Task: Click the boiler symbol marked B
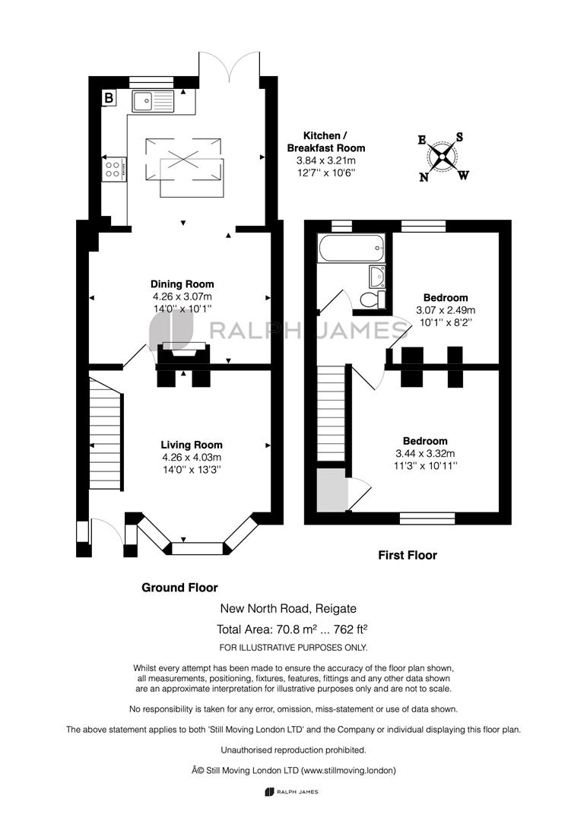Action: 109,97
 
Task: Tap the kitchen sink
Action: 152,100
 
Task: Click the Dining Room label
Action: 182,284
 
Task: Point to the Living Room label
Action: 191,445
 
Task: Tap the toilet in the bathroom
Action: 370,300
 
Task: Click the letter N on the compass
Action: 424,177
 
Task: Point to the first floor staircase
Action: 331,416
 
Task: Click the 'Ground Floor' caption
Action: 179,588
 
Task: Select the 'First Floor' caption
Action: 408,556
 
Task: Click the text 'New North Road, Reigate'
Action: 288,608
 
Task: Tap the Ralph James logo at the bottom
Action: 292,792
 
